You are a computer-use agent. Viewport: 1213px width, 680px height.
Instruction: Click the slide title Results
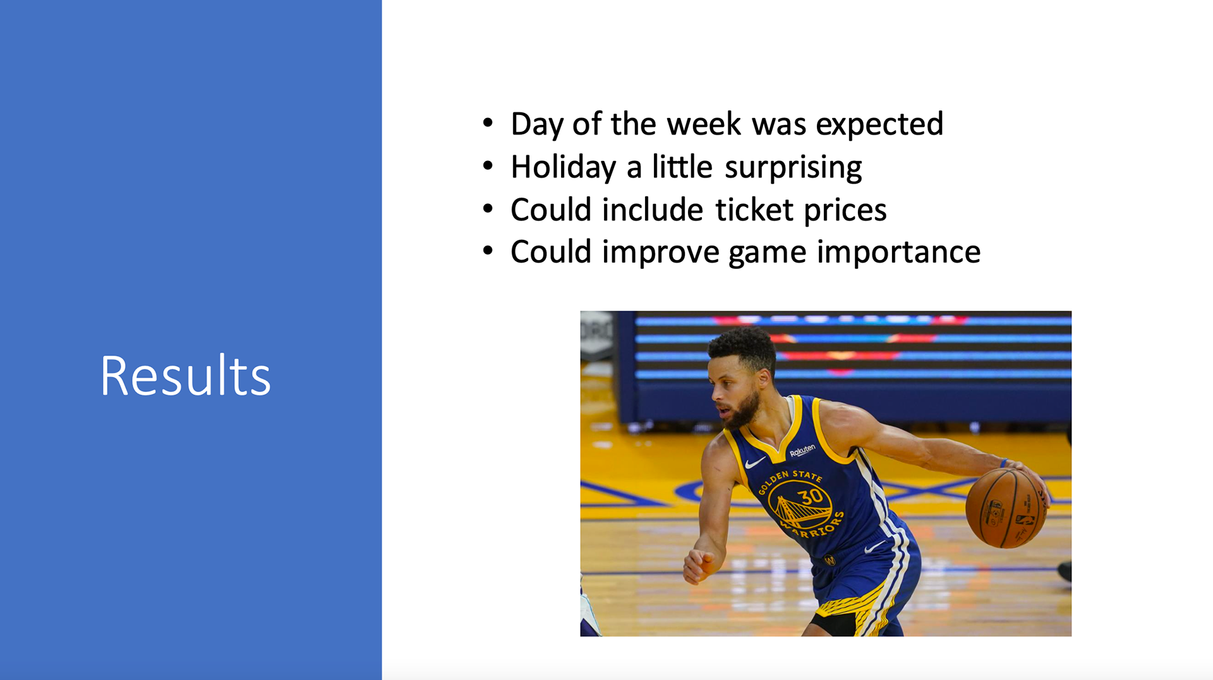tap(186, 376)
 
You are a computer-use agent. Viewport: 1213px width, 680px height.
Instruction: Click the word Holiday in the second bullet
tap(563, 168)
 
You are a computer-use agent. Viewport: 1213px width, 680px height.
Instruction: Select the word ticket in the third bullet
tap(754, 210)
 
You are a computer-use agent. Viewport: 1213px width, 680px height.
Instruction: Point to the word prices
tap(845, 211)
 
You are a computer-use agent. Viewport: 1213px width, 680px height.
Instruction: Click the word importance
tap(898, 253)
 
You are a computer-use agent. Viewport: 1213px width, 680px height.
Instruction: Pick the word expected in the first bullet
tap(879, 125)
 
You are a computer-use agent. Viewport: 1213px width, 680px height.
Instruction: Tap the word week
tap(704, 124)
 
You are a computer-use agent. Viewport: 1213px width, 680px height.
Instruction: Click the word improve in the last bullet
tap(661, 253)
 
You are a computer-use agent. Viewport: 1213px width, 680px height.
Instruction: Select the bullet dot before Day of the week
tap(488, 123)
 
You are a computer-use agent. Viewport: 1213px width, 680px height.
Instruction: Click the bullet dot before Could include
tap(488, 208)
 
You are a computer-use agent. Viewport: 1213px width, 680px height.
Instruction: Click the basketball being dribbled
tap(1005, 508)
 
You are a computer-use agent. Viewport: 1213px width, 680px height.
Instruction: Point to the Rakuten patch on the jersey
tap(802, 450)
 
